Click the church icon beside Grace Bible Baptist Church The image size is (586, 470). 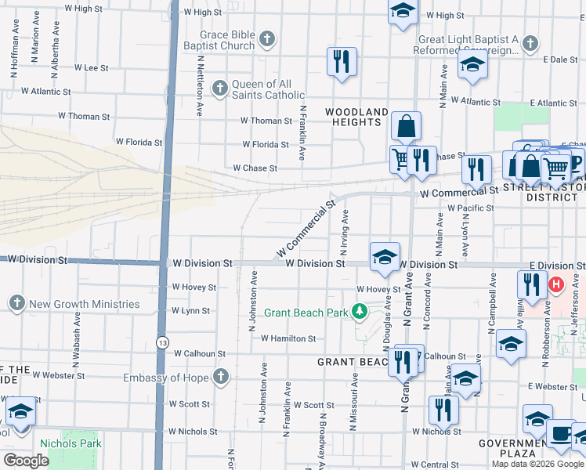coord(267,39)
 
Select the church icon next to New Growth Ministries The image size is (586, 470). coord(16,302)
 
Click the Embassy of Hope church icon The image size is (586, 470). coord(221,377)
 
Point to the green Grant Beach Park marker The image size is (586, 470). coord(360,312)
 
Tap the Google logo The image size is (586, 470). coord(27,460)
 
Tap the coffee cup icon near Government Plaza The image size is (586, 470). coord(560,432)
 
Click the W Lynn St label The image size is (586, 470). coord(190,310)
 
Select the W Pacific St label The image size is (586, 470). coord(470,208)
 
